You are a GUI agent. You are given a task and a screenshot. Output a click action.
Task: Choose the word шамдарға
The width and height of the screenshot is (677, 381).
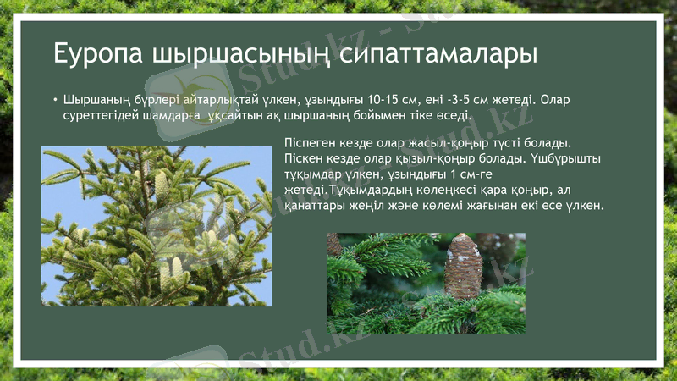pyautogui.click(x=173, y=114)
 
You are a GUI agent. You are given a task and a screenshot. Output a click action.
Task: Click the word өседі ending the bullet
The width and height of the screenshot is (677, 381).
pyautogui.click(x=453, y=114)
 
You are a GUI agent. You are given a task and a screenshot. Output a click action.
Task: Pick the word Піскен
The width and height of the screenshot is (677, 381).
pyautogui.click(x=305, y=157)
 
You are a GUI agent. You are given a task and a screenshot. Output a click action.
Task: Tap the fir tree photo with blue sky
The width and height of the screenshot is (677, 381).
pyautogui.click(x=157, y=226)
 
